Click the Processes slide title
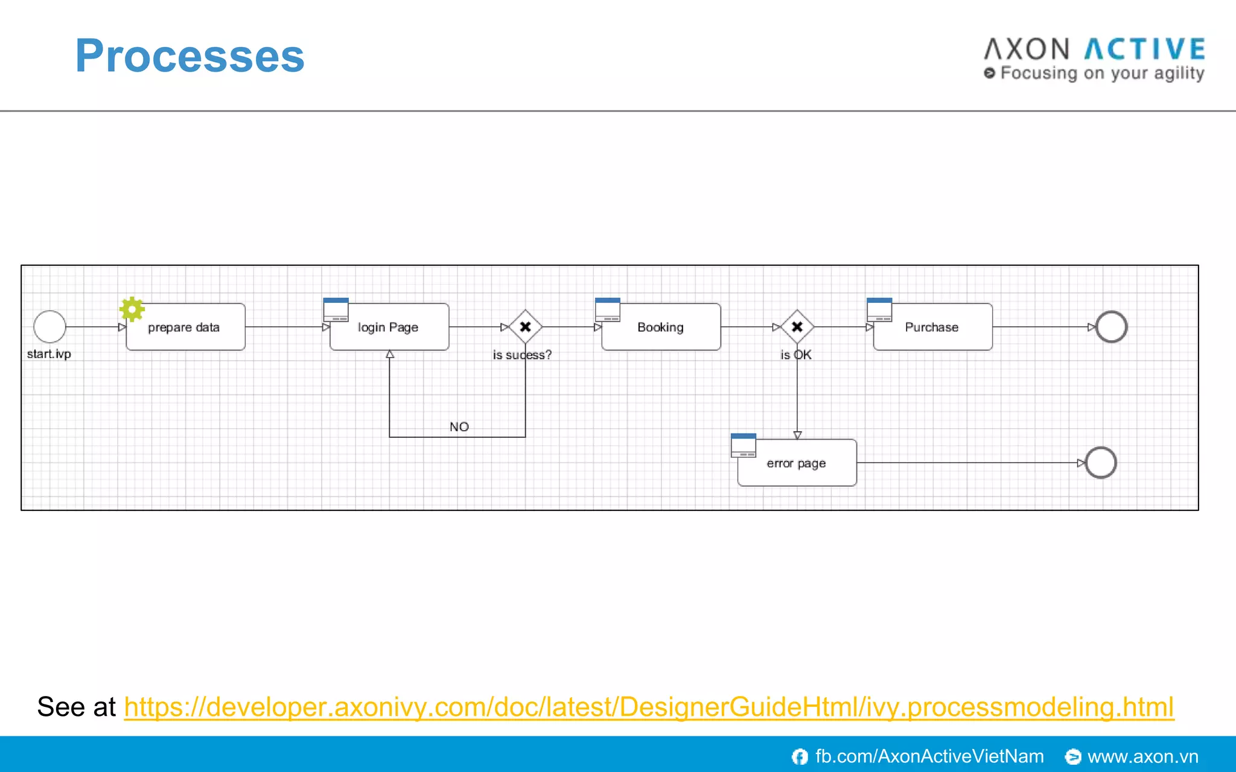point(190,56)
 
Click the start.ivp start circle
point(49,327)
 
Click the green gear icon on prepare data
point(132,309)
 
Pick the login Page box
point(389,327)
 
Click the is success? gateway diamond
point(526,327)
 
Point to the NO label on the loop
point(459,427)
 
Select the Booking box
point(661,327)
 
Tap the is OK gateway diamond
point(797,327)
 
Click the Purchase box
point(932,327)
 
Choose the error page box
point(797,463)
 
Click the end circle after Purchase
point(1112,327)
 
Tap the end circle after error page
point(1101,463)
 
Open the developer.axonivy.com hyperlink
point(649,707)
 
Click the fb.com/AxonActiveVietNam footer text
point(929,756)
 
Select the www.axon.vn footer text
point(1143,756)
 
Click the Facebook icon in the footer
point(800,756)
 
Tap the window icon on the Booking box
point(607,309)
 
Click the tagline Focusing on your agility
point(1101,73)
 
